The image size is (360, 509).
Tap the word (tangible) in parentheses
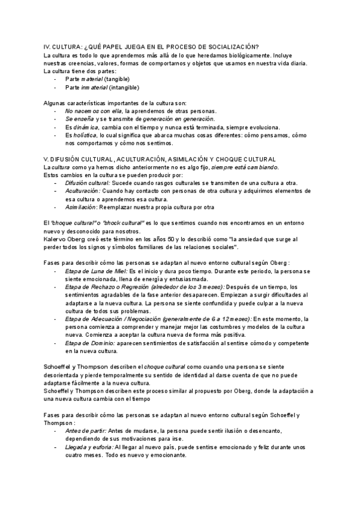[x=117, y=79]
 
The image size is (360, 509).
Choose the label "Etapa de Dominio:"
[x=90, y=343]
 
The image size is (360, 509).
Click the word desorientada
[x=64, y=375]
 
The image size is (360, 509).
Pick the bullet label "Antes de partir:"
[x=86, y=430]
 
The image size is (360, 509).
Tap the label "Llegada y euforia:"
[x=91, y=447]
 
